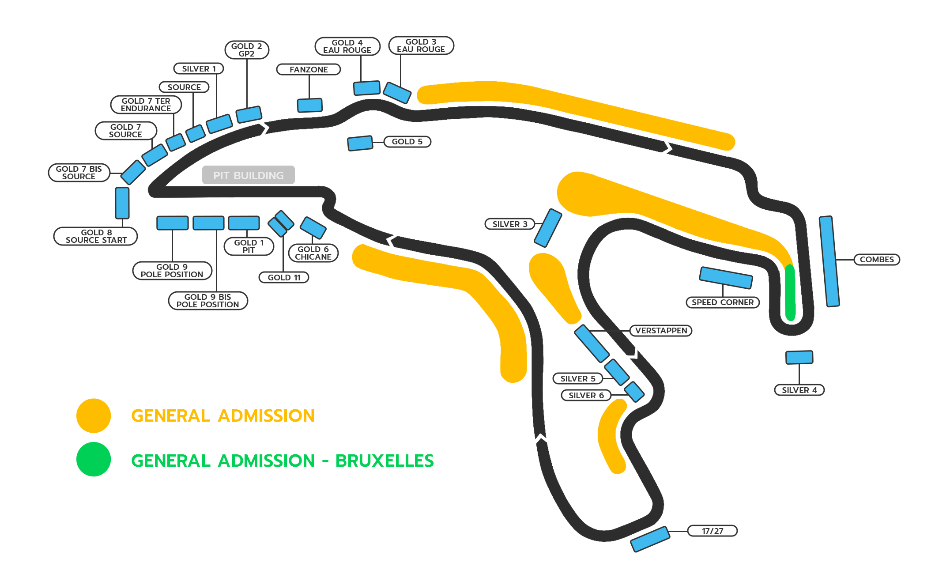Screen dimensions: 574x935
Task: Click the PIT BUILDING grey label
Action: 248,175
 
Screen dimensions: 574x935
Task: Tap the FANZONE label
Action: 309,70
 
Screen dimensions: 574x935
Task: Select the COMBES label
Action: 876,260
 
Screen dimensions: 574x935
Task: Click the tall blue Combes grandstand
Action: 829,261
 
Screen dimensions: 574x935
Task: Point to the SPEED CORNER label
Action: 722,302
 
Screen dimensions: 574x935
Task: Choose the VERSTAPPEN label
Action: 661,331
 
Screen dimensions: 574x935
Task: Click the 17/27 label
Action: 712,531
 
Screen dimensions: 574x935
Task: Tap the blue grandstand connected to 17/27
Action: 650,539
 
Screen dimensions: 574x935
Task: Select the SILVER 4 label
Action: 799,390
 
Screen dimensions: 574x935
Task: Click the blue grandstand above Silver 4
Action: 799,357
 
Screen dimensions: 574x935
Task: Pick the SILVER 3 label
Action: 510,224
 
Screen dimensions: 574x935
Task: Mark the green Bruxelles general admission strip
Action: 790,292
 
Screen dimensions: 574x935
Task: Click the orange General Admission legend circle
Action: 94,416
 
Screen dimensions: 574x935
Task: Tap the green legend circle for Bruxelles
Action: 94,460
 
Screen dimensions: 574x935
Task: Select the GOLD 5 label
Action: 407,142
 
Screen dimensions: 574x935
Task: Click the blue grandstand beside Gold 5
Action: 360,143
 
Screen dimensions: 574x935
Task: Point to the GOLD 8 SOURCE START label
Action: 96,236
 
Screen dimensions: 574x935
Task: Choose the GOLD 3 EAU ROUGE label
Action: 421,46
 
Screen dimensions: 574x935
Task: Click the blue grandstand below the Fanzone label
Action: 309,105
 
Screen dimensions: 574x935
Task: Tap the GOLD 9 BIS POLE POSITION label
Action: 207,301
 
